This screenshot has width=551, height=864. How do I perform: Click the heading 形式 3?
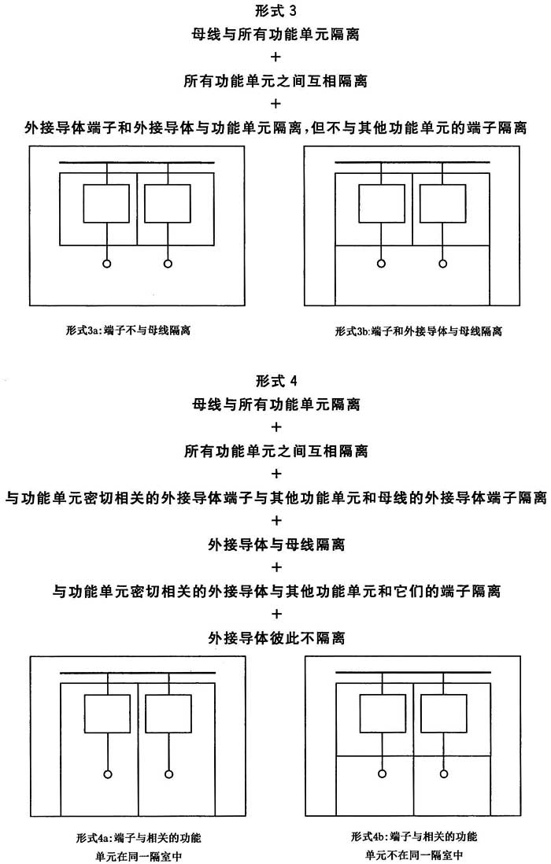tap(275, 11)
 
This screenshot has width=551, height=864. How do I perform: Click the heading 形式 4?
tap(275, 381)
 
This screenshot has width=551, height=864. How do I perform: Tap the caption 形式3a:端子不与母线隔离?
tap(129, 330)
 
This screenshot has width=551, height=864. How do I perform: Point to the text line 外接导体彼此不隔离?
tap(275, 637)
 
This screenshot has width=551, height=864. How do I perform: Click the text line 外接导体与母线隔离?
tap(275, 544)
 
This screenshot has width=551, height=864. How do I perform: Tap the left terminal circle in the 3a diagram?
tap(107, 264)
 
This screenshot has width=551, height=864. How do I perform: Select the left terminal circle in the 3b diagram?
tap(381, 264)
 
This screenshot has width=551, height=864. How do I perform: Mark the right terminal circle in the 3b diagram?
tap(443, 264)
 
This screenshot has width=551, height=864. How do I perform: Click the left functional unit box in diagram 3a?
tap(107, 204)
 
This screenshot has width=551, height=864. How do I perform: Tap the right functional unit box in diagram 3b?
tap(443, 204)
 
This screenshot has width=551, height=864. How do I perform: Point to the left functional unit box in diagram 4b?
tap(382, 714)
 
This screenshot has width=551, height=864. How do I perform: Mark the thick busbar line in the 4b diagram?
tap(412, 674)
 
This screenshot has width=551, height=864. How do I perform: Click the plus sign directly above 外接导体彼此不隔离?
tap(275, 614)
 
